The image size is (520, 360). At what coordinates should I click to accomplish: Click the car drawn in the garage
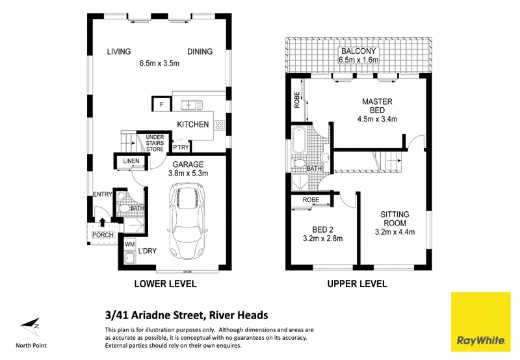click(188, 222)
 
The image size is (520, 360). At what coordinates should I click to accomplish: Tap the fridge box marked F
click(161, 105)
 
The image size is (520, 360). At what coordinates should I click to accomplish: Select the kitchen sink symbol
click(191, 105)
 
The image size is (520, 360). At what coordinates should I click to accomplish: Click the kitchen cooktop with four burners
click(219, 125)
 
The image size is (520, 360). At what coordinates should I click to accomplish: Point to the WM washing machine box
click(129, 244)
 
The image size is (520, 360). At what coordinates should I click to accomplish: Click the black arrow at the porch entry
click(103, 222)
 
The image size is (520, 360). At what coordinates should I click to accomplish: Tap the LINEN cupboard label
click(131, 161)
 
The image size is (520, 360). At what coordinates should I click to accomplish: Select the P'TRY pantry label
click(181, 147)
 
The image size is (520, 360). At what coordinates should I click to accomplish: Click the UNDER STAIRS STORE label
click(155, 143)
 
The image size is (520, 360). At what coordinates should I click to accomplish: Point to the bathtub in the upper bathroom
click(300, 140)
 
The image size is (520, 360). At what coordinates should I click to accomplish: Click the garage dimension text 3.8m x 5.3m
click(188, 173)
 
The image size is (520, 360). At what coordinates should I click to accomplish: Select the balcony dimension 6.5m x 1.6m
click(359, 60)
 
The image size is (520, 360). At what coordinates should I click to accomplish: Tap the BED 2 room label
click(322, 229)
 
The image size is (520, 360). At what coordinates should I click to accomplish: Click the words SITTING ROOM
click(395, 219)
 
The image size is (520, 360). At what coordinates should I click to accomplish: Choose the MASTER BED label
click(377, 106)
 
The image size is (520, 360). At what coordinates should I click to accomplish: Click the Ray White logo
click(480, 322)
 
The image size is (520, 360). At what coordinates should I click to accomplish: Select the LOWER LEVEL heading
click(165, 284)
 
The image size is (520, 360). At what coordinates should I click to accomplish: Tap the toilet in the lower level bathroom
click(124, 208)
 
